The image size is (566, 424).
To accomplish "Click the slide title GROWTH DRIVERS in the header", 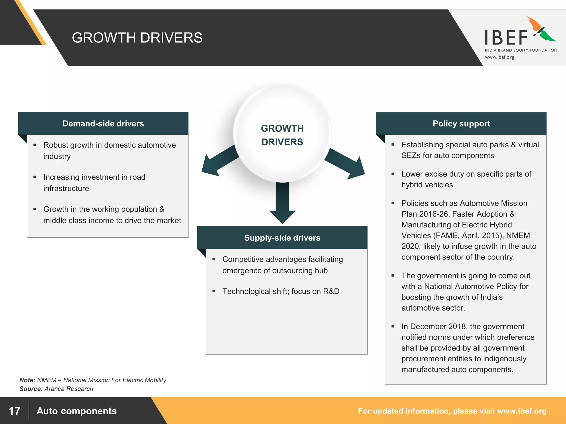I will tap(137, 38).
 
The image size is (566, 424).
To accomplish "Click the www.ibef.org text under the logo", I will tap(499, 57).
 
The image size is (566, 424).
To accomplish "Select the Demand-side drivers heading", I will tap(103, 123).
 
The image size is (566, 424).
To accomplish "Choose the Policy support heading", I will tap(461, 123).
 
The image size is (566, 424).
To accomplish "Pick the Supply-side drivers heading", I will tap(282, 238).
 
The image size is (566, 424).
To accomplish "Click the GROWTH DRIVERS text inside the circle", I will tap(282, 135).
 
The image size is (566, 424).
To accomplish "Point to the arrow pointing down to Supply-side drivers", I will tap(282, 204).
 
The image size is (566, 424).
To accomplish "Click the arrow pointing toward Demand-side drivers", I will tap(217, 163).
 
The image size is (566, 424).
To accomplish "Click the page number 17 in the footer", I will tap(14, 411).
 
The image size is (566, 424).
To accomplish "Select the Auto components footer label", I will tap(77, 411).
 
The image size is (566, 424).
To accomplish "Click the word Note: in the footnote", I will tap(27, 380).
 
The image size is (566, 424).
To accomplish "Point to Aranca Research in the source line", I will tap(69, 389).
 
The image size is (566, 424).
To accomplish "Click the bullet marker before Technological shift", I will tap(214, 291).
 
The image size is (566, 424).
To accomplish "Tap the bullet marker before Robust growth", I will tap(35, 145).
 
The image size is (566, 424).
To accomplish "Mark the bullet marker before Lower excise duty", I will tap(393, 174).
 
